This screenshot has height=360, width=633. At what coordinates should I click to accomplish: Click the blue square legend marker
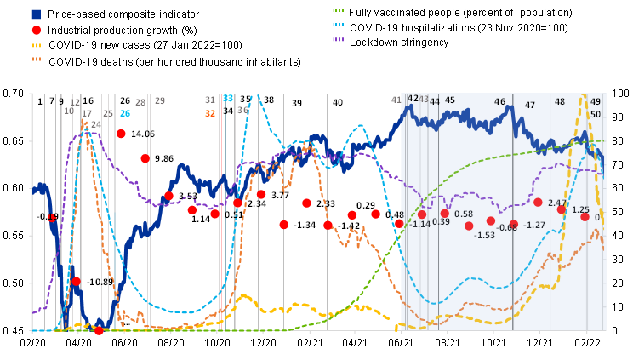pos(36,14)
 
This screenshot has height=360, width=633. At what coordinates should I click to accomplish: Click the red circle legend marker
pos(36,31)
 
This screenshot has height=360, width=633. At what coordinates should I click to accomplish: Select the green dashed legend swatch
pos(338,10)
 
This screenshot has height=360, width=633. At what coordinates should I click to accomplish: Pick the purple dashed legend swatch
pos(338,39)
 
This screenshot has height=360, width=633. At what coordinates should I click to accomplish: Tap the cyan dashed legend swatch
pos(338,25)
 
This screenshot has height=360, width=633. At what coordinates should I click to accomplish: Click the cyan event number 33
pos(228,99)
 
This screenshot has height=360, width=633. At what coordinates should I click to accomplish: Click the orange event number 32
pos(210,113)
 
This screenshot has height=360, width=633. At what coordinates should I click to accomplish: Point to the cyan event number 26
pos(125,113)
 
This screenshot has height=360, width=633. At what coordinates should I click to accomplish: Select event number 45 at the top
pos(450,100)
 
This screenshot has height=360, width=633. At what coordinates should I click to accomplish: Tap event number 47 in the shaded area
pos(530,105)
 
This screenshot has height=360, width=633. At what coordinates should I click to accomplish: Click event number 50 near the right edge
pos(596,115)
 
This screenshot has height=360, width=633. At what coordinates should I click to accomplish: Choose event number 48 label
pos(560,101)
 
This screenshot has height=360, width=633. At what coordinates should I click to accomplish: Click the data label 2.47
pos(556,203)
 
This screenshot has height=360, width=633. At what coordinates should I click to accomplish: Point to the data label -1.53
pos(484,235)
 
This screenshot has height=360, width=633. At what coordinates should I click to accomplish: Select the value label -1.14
pos(420,225)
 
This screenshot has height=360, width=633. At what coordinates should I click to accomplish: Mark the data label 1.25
pos(580,209)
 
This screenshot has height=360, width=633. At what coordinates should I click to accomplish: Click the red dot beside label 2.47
pos(538,202)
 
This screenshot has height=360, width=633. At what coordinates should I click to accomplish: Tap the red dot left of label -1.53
pos(469,226)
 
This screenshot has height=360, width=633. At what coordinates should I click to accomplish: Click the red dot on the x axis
pos(99,330)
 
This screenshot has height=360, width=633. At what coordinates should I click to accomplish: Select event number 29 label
pos(159,100)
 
